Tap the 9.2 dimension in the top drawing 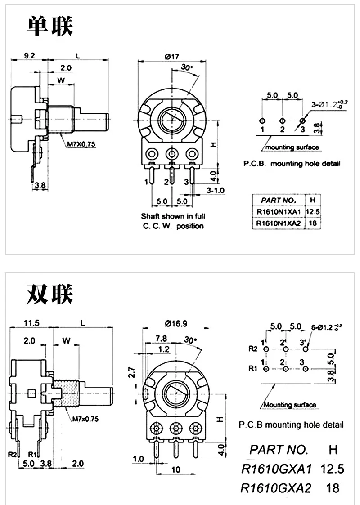click(x=29, y=56)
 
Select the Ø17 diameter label click(x=172, y=57)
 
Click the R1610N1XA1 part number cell click(x=278, y=211)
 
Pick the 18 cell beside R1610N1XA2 click(x=314, y=222)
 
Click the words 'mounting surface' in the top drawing click(x=292, y=147)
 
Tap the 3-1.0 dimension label click(x=216, y=191)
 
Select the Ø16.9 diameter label click(x=175, y=323)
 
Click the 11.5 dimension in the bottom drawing click(x=31, y=323)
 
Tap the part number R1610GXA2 click(x=276, y=487)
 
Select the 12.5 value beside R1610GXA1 click(x=332, y=469)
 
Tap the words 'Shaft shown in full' click(x=172, y=216)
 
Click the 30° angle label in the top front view click(x=186, y=67)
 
